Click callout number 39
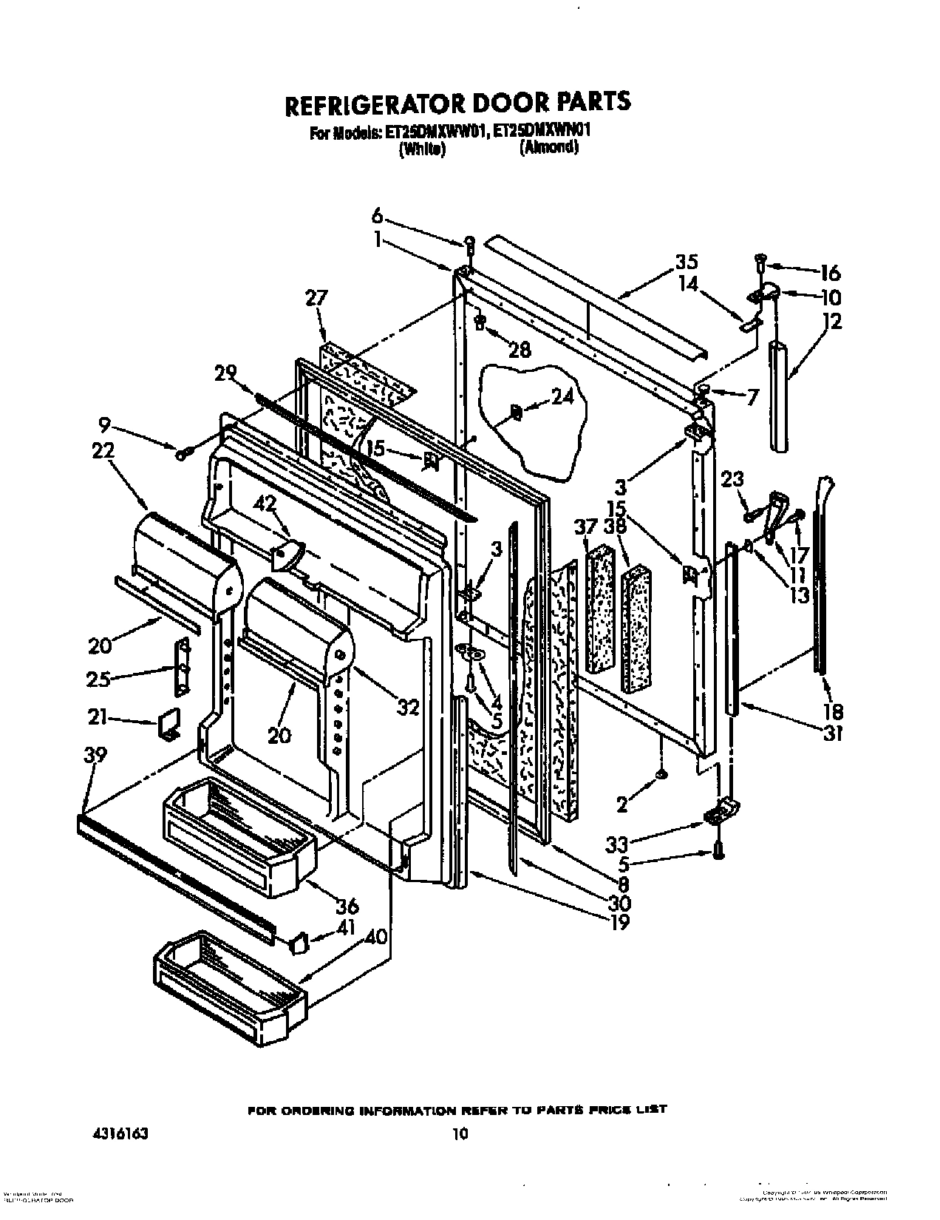[x=95, y=755]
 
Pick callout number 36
[x=347, y=905]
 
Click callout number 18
[x=833, y=711]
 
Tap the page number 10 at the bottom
[x=460, y=1133]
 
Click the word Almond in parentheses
[x=548, y=147]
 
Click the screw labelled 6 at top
[x=469, y=242]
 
